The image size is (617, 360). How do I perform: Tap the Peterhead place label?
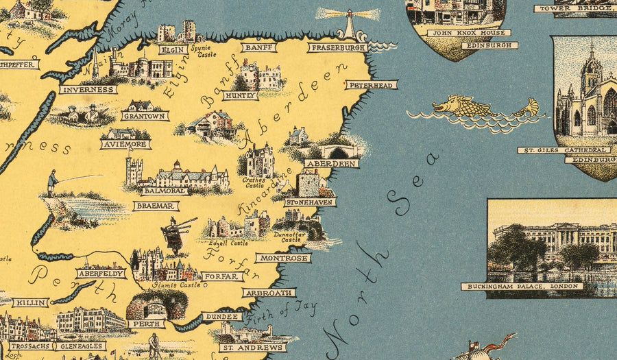tap(371, 85)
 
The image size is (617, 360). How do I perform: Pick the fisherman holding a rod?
tap(53, 183)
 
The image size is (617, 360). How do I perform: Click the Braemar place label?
tap(156, 206)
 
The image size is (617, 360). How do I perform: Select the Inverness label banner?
tap(88, 89)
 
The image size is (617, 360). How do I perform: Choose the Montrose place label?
tap(282, 259)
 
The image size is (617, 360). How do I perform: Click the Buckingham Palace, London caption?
tap(522, 286)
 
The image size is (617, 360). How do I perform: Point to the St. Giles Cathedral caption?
tap(564, 149)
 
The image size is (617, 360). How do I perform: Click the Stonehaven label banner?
tap(311, 202)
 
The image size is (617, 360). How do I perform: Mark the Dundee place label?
tap(221, 317)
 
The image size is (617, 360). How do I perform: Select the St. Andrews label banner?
tap(252, 348)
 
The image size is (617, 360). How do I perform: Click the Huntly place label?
tap(240, 96)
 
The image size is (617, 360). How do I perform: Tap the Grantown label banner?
tap(145, 117)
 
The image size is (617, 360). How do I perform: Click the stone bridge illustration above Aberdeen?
tap(339, 151)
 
